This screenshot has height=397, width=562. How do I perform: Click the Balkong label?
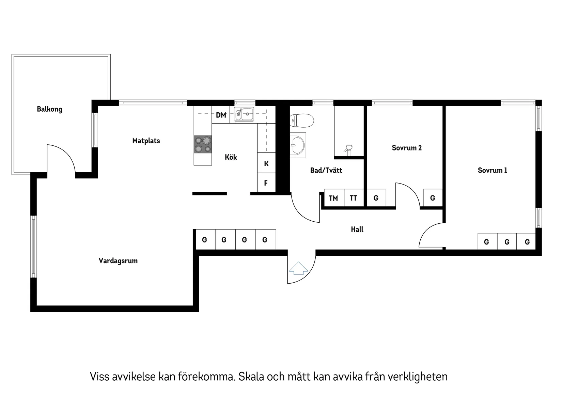click(49, 109)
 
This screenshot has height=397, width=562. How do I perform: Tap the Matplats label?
click(146, 141)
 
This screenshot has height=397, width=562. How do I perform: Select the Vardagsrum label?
click(118, 261)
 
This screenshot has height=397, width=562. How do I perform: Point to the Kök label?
click(231, 157)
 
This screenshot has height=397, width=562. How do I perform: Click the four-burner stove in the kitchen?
click(203, 144)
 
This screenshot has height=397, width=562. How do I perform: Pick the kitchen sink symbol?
click(244, 114)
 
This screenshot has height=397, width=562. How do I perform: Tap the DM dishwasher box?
click(221, 115)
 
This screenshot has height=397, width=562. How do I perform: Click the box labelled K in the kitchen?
click(266, 163)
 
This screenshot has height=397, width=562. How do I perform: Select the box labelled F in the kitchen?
click(266, 183)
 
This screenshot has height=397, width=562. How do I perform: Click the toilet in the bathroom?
click(301, 120)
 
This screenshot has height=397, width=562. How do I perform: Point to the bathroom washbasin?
click(298, 145)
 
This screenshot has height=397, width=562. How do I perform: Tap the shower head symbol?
click(348, 149)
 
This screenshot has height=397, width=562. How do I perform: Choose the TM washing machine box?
click(333, 198)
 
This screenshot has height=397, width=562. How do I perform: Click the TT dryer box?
click(354, 198)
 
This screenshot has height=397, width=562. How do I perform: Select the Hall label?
click(357, 229)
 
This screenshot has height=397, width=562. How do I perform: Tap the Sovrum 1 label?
click(492, 170)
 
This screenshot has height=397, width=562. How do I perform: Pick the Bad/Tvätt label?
click(326, 170)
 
